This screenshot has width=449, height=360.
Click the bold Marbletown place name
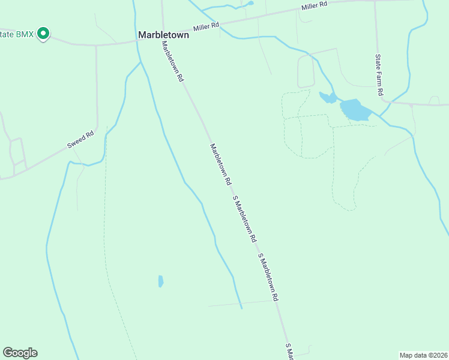point(163,35)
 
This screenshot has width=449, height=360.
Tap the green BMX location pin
point(43,34)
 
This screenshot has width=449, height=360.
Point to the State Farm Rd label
point(379,76)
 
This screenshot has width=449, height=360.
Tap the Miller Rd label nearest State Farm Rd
point(315,7)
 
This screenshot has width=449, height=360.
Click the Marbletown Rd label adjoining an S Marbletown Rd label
point(220,163)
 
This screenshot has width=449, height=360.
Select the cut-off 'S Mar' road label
point(289,352)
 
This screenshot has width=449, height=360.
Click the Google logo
point(20,352)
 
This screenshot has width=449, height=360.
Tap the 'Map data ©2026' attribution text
point(424,355)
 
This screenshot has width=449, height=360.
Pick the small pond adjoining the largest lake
point(328,97)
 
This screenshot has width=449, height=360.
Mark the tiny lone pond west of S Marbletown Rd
point(160,281)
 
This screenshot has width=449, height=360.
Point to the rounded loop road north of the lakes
point(306,73)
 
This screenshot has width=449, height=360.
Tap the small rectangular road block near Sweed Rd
point(17,152)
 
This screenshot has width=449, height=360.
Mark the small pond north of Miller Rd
point(249,3)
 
